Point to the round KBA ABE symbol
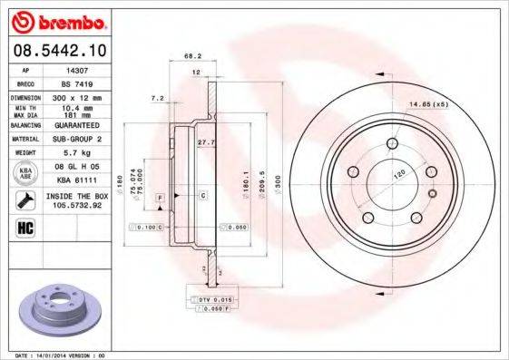(25, 171)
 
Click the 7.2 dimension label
(155, 97)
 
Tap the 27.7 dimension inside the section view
(206, 142)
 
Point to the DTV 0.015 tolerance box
(210, 299)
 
